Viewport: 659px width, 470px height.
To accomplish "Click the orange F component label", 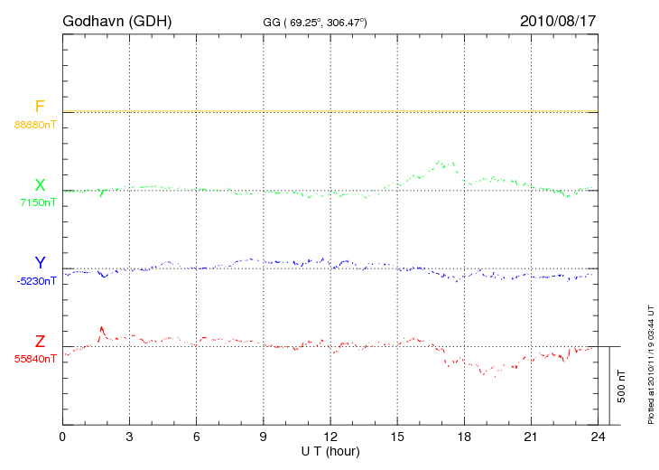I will pyautogui.click(x=40, y=108).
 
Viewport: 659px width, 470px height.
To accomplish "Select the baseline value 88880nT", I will pyautogui.click(x=34, y=124).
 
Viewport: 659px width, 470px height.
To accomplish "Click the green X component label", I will pyautogui.click(x=40, y=186).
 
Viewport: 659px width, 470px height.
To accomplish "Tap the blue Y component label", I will pyautogui.click(x=40, y=263).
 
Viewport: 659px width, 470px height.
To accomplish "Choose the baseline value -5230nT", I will pyautogui.click(x=36, y=281).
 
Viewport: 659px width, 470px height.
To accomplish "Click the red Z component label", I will pyautogui.click(x=40, y=342).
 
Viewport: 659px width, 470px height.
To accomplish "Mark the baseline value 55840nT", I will pyautogui.click(x=34, y=359).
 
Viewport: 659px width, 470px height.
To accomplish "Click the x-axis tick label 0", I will pyautogui.click(x=62, y=436).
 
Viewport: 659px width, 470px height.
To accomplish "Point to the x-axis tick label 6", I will pyautogui.click(x=197, y=436).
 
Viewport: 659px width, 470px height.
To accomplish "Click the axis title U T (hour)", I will pyautogui.click(x=330, y=450).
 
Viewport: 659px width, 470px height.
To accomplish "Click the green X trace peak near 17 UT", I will pyautogui.click(x=441, y=162).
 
